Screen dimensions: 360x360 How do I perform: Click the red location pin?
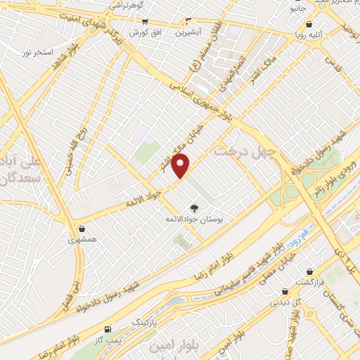tap(181, 165)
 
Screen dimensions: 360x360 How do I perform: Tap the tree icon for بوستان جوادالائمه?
tap(194, 207)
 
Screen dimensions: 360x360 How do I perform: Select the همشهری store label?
tap(84, 239)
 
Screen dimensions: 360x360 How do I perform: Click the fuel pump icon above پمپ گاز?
tap(108, 329)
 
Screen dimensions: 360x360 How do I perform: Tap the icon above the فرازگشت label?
tap(309, 271)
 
